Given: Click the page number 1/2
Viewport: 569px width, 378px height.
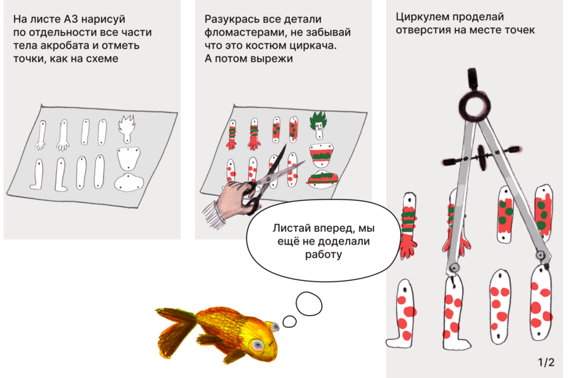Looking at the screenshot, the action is [546, 362].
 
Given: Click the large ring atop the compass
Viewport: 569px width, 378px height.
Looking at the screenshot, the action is [475, 105].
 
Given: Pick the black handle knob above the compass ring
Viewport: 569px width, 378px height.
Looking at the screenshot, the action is [472, 78].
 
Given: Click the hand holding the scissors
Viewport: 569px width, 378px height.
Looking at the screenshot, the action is [234, 196].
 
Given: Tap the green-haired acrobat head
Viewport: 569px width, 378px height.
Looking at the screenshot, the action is [318, 125].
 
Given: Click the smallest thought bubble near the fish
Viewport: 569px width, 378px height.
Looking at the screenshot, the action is [289, 321].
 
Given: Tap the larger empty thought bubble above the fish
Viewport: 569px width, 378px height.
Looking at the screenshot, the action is [309, 304].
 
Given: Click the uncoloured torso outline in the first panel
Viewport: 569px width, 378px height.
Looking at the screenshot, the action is [128, 158].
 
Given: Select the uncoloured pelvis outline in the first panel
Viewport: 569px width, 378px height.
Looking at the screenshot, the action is [129, 182].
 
